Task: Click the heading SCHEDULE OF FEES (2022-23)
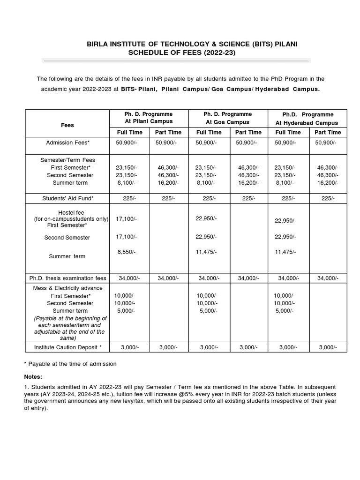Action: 182,53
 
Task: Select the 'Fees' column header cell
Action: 67,125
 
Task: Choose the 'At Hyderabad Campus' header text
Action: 307,123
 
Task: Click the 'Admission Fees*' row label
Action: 67,142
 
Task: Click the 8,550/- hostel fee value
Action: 127,252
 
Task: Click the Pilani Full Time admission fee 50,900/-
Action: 127,142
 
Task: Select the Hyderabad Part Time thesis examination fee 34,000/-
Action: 328,278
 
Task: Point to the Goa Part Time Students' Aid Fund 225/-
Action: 248,198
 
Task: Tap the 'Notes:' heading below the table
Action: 33,377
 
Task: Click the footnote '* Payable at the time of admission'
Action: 70,364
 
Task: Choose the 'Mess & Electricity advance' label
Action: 67,288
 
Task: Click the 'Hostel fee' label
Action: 71,212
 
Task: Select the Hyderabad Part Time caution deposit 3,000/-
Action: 328,347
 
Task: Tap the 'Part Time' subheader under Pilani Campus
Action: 168,132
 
